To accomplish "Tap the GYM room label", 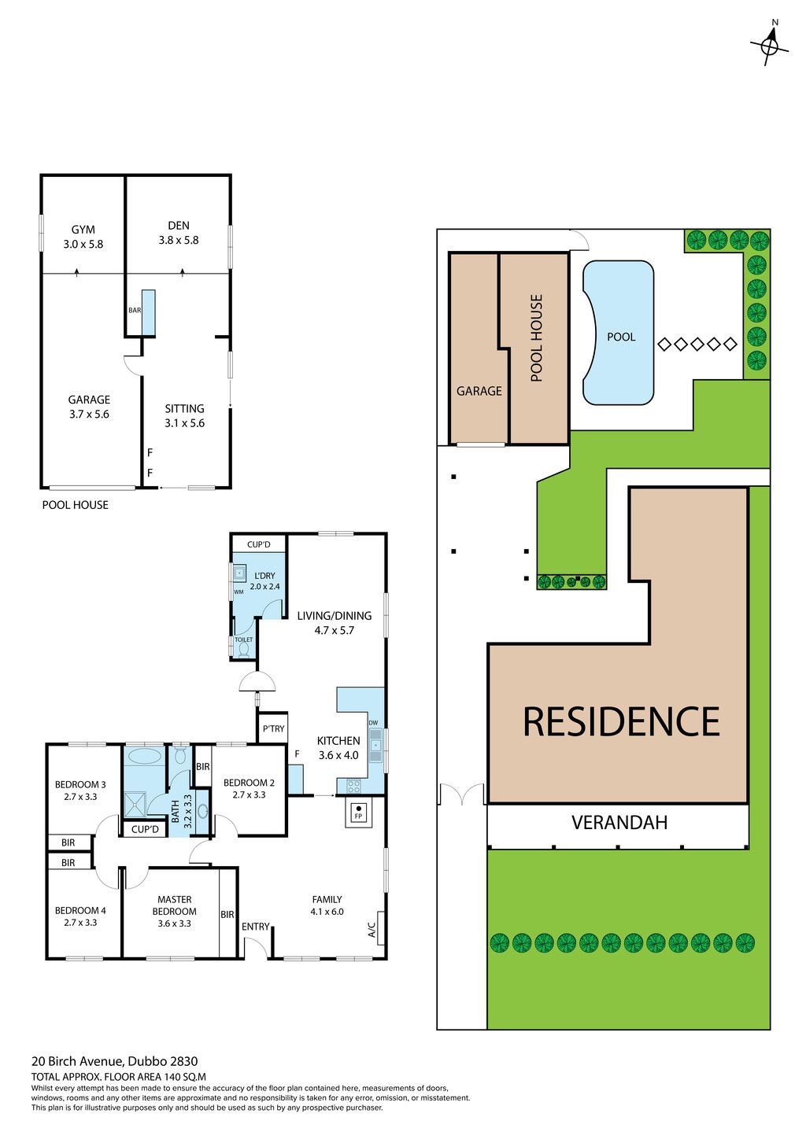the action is (x=83, y=230).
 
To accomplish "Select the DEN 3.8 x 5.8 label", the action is (x=179, y=232).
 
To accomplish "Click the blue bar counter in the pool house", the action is (x=148, y=312).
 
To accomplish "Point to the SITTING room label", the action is (x=184, y=408).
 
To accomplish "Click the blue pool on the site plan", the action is (x=618, y=333).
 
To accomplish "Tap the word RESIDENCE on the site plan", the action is (x=621, y=721).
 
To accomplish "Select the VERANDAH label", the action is (x=619, y=822).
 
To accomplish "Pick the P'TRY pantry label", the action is (x=273, y=728).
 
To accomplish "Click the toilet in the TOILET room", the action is (x=244, y=650).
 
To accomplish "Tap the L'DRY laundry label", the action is (x=264, y=576).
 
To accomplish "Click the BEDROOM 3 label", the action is (x=80, y=784).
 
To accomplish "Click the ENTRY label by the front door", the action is (x=256, y=927).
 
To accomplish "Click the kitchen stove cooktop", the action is (x=353, y=786).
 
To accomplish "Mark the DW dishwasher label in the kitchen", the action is (x=374, y=723).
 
